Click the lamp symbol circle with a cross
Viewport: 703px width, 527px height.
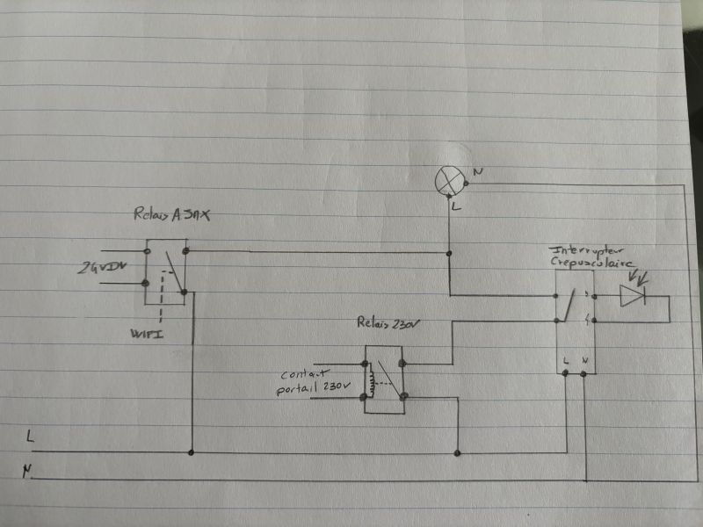coord(449,180)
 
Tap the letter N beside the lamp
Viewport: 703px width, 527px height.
coord(477,170)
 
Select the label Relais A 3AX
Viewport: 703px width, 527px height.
coord(173,213)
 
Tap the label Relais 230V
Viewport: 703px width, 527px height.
coord(388,322)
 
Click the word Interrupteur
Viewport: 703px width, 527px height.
coord(576,249)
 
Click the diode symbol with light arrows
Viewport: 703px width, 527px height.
coord(633,296)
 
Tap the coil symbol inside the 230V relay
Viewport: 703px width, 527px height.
coord(372,380)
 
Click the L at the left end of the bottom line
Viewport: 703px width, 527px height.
coord(32,436)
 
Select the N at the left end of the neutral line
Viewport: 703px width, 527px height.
coord(29,473)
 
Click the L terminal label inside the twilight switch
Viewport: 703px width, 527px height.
coord(566,360)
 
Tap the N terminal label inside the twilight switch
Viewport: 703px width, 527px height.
coord(586,360)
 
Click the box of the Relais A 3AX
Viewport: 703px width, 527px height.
coord(165,271)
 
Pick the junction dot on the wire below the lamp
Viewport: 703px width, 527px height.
coord(449,254)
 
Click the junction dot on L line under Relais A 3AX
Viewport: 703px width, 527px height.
coord(192,453)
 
